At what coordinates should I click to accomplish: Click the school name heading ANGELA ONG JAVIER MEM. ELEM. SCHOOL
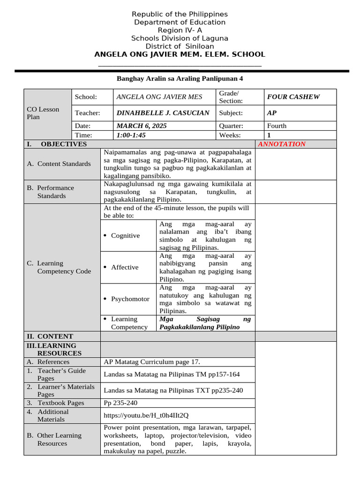[180, 54]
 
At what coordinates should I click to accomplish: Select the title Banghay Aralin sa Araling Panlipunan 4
[180, 79]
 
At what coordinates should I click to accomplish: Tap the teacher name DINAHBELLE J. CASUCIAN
[163, 113]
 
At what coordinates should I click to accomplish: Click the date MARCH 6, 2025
[141, 126]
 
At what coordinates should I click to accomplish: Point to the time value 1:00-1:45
[131, 135]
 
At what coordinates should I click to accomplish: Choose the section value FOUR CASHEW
[293, 97]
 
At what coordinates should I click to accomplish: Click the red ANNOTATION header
[282, 144]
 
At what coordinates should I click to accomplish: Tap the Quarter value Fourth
[277, 126]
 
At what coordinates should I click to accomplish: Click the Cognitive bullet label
[125, 235]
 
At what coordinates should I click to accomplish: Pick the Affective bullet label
[125, 267]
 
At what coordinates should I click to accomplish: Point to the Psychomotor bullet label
[130, 299]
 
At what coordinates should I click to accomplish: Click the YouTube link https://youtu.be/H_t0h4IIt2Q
[146, 415]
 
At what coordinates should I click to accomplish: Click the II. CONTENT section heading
[50, 336]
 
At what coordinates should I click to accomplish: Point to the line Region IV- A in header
[180, 30]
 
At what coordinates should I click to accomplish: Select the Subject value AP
[271, 113]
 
